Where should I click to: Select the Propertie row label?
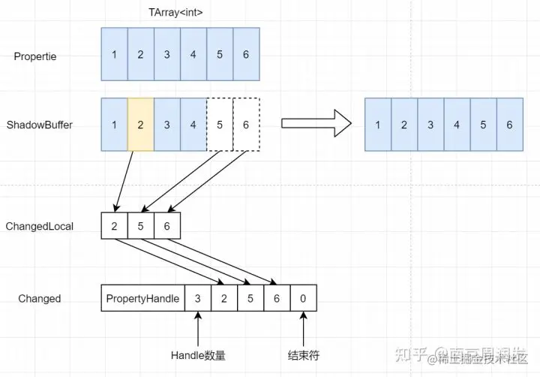coord(36,56)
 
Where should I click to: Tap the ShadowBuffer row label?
coord(40,124)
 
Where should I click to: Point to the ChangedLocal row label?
coord(40,226)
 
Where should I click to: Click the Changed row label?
coord(40,298)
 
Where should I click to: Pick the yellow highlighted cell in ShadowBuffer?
coord(141,124)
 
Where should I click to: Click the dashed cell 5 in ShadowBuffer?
coord(220,124)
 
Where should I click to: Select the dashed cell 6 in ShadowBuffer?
coord(246,124)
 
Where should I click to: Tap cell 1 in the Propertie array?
coord(114,54)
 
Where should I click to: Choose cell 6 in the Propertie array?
coord(246,54)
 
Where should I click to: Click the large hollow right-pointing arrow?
coord(316,123)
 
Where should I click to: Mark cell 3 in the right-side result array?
coord(430,125)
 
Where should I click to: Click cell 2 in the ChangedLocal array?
coord(114,226)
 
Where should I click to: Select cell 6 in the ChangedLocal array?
coord(167,226)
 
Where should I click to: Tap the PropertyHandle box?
coord(142,298)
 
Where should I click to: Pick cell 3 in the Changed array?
coord(197,298)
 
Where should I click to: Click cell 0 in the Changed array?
coord(303,298)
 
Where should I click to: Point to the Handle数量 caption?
coord(198,355)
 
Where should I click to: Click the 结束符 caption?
coord(303,355)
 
